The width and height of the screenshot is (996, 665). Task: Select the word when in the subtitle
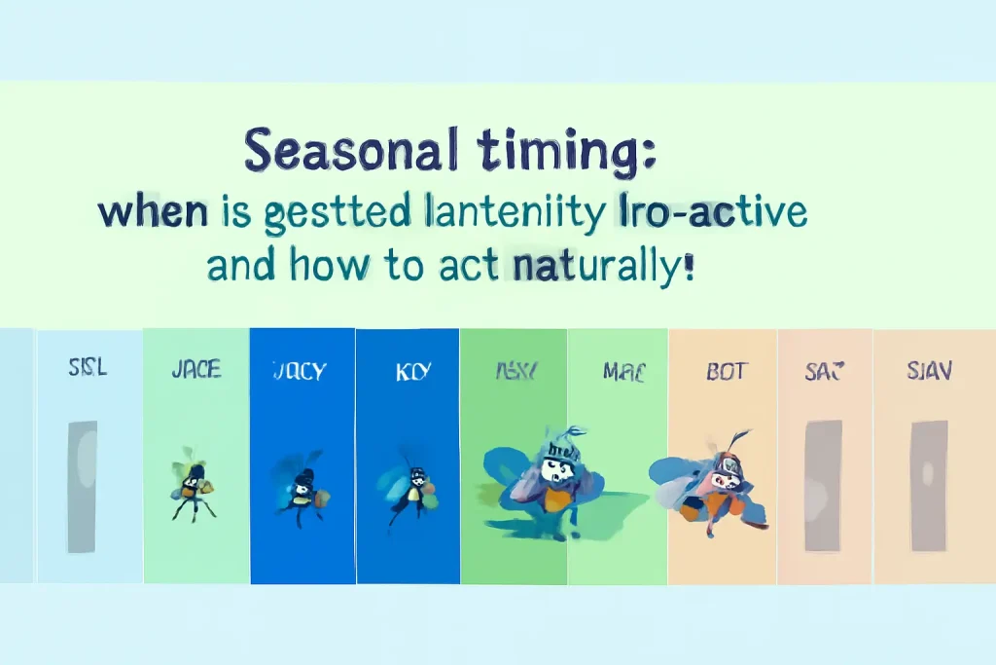click(x=154, y=213)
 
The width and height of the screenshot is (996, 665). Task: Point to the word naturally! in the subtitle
click(x=604, y=264)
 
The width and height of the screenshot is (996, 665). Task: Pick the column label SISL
click(x=88, y=369)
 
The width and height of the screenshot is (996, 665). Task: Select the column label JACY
click(x=300, y=371)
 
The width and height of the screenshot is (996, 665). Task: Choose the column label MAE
click(x=623, y=371)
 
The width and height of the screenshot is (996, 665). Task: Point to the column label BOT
click(x=726, y=371)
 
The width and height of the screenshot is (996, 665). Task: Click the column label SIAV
click(x=929, y=371)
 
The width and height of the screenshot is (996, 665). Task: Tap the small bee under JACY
click(x=300, y=489)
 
